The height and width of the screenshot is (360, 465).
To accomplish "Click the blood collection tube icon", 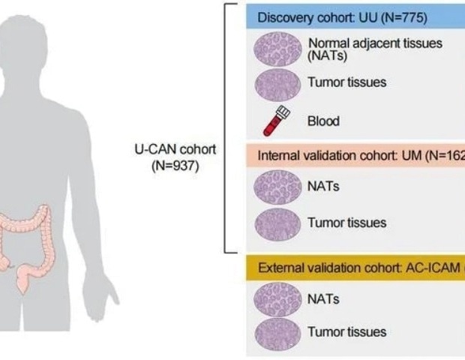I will (278, 120).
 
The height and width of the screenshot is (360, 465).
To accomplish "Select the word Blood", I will (323, 121).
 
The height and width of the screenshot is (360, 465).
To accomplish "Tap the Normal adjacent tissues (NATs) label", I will (374, 49).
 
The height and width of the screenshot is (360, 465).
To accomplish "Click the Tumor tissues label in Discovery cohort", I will (346, 82).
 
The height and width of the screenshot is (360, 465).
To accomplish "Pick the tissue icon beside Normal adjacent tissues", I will (277, 49).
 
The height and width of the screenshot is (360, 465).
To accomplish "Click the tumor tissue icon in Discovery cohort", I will (277, 83).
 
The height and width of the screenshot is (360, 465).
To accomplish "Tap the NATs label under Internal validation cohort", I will (323, 186).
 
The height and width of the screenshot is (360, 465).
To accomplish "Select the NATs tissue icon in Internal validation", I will (277, 186).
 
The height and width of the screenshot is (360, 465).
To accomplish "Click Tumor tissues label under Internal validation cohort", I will (346, 223).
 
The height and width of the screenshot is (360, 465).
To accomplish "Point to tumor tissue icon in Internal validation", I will (277, 223).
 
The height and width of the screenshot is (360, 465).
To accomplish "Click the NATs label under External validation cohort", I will (323, 298).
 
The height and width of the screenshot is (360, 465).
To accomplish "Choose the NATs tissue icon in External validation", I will (277, 298).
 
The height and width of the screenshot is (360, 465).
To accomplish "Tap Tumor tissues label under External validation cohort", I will (346, 331).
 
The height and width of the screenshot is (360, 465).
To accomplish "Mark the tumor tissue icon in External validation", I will (277, 333).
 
